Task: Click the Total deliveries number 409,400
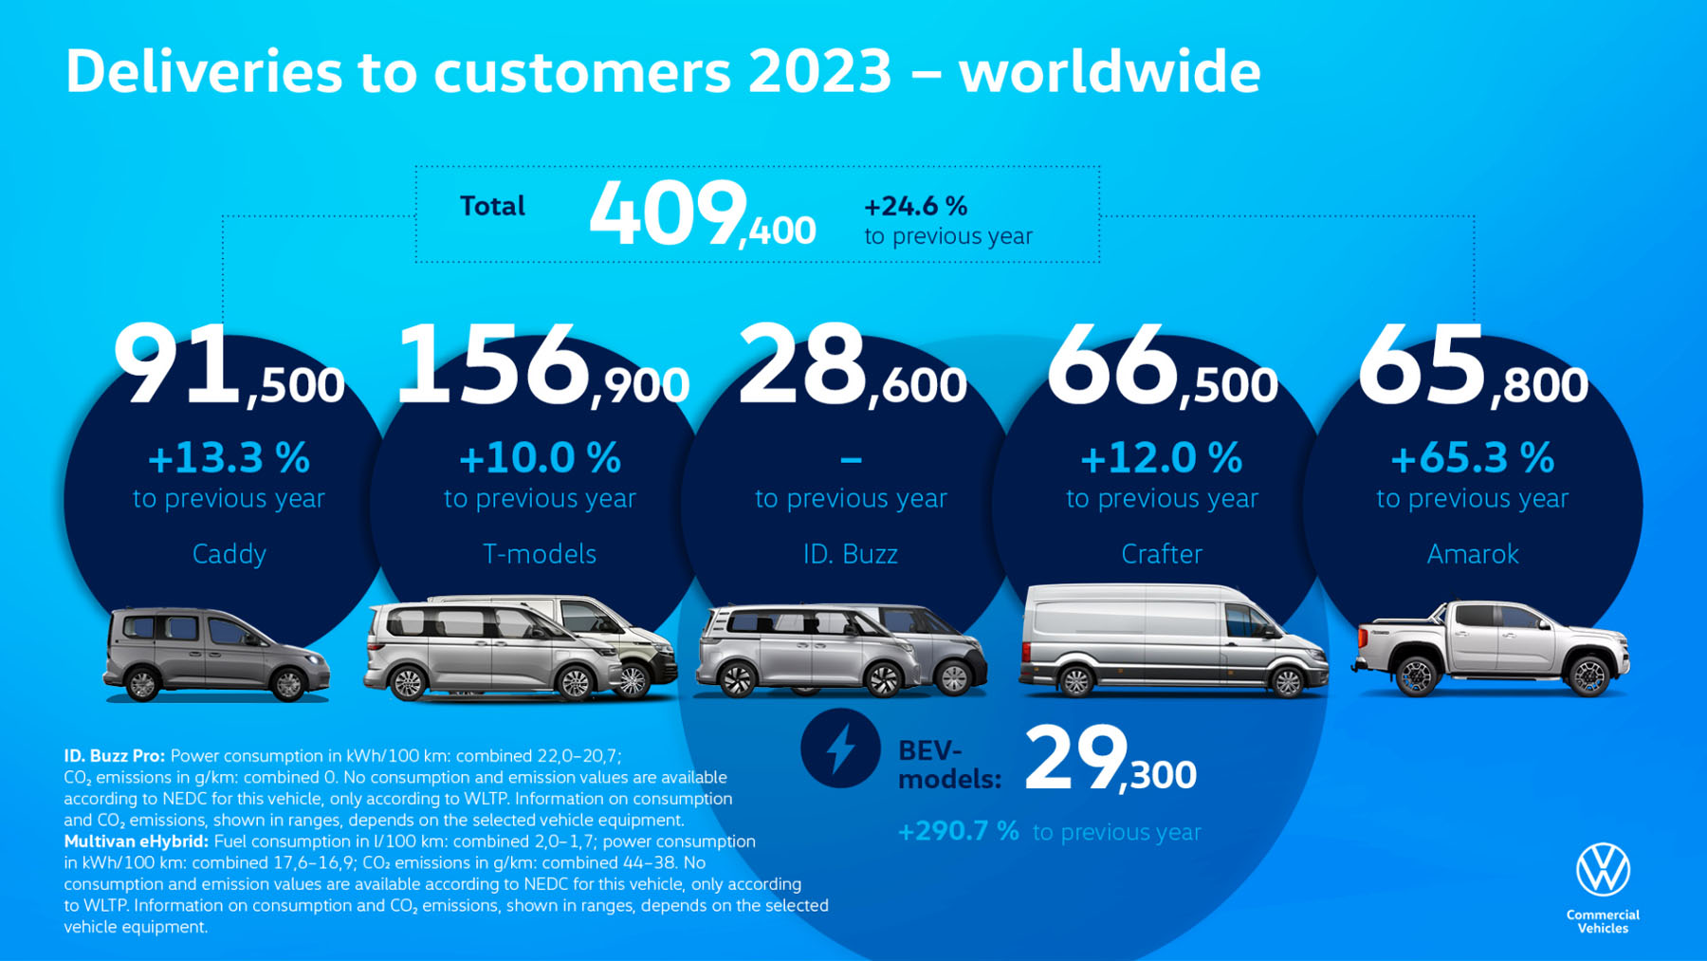point(702,215)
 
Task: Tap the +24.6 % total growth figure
point(915,206)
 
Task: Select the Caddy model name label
point(229,554)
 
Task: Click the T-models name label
point(539,554)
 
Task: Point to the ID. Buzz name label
point(850,554)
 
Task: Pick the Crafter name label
point(1161,554)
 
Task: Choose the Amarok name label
point(1472,554)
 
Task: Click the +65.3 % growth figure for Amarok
point(1472,458)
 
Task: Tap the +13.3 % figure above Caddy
point(229,458)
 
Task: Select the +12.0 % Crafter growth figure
point(1161,458)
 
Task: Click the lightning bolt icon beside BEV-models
point(840,748)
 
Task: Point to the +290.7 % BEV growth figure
point(958,832)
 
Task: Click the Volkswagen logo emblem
point(1603,869)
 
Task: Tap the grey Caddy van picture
point(216,655)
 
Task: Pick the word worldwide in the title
point(1109,72)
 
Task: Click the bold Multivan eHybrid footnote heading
point(136,841)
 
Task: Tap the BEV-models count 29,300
point(1110,760)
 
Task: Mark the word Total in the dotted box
point(492,206)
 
